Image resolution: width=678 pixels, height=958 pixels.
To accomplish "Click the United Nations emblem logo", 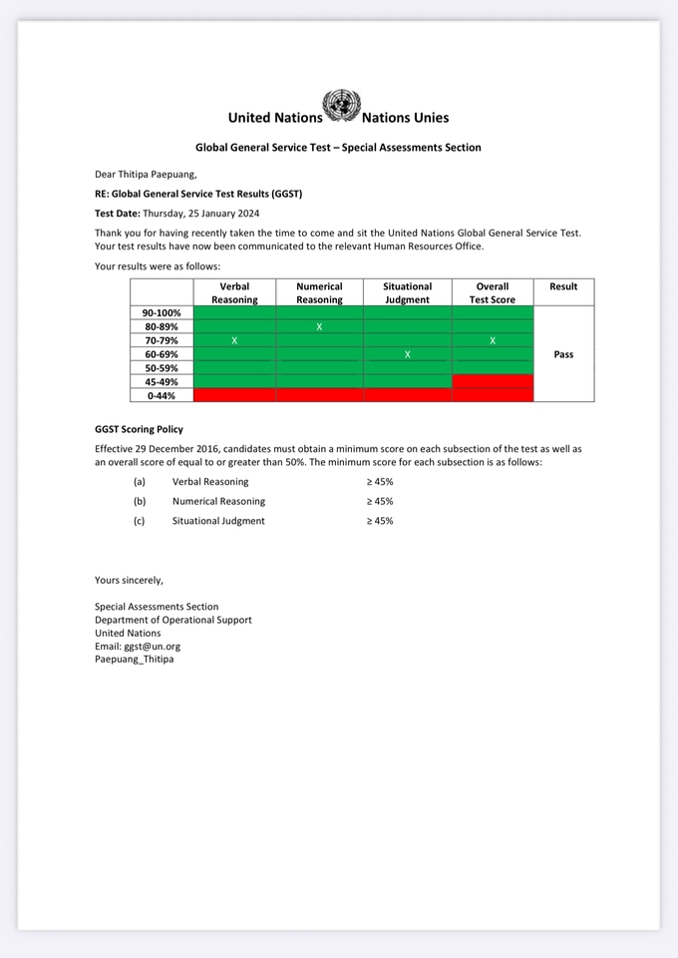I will click(x=341, y=106).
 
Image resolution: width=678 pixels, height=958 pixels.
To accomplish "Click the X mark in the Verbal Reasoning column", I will click(x=234, y=340).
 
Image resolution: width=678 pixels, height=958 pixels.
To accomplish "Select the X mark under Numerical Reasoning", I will click(x=319, y=326).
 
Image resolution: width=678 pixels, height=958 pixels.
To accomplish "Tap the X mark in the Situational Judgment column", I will click(x=407, y=354).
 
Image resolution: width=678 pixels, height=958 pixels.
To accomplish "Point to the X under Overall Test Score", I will click(x=493, y=340).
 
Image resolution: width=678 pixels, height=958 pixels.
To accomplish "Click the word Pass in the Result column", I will click(x=563, y=354).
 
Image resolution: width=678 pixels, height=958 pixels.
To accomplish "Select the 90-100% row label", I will click(x=162, y=312).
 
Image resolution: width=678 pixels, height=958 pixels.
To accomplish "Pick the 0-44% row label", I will click(x=162, y=395).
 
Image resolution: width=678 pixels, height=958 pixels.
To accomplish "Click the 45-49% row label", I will click(x=162, y=382).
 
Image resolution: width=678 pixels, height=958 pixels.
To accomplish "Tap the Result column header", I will click(x=563, y=286).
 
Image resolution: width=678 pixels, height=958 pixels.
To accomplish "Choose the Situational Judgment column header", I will click(x=407, y=292).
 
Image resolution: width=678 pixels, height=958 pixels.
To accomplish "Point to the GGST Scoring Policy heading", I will click(x=139, y=429).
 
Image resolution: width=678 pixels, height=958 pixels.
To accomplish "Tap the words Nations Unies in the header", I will click(x=405, y=118).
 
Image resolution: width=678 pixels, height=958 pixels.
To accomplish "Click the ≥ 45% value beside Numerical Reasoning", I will click(x=380, y=501).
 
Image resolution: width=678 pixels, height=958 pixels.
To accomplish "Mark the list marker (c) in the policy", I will click(x=140, y=521).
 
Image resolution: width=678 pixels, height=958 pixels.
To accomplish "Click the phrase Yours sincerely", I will click(x=129, y=580).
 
